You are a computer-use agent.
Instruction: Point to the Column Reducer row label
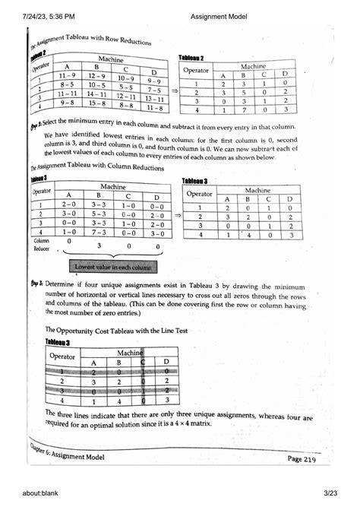(41, 243)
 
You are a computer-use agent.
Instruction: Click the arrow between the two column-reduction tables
(176, 216)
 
